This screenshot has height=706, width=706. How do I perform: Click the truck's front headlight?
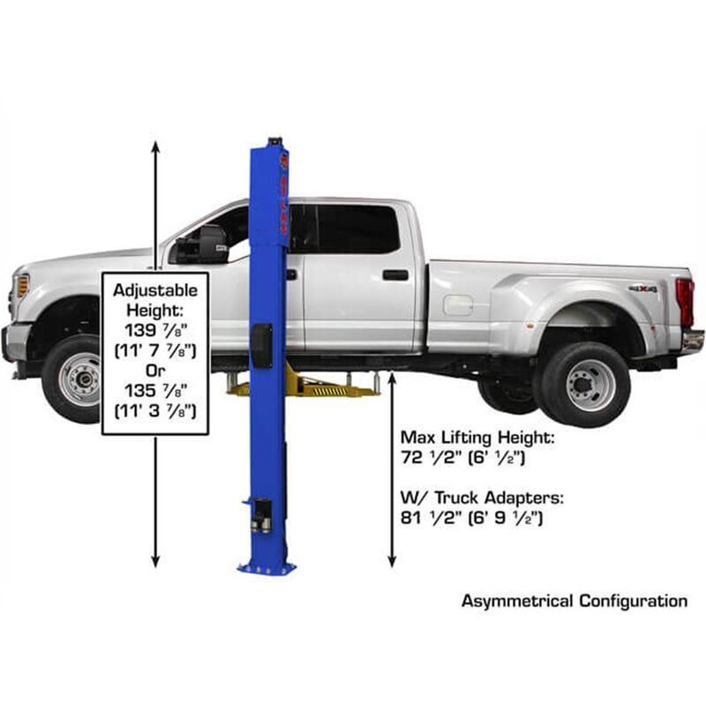click(22, 285)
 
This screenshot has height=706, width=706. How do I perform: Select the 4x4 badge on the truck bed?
click(642, 289)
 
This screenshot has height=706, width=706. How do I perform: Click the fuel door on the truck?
click(457, 305)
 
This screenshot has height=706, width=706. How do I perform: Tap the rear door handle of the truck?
click(395, 275)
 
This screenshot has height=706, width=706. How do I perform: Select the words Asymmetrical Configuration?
click(574, 601)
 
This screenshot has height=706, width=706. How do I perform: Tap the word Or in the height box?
click(155, 370)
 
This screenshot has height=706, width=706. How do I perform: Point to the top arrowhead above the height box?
click(155, 146)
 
